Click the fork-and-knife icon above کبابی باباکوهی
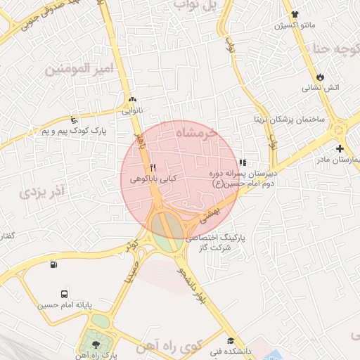tap(153, 168)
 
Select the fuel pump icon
tap(54, 265)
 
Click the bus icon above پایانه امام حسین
tap(65, 295)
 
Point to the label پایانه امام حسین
tap(65, 306)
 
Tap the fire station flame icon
tap(321, 76)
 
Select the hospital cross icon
tap(340, 148)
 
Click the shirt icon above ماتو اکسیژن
tap(294, 14)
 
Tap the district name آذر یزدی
tap(42, 191)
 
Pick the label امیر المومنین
tap(79, 69)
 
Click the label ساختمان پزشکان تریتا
tap(290, 120)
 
